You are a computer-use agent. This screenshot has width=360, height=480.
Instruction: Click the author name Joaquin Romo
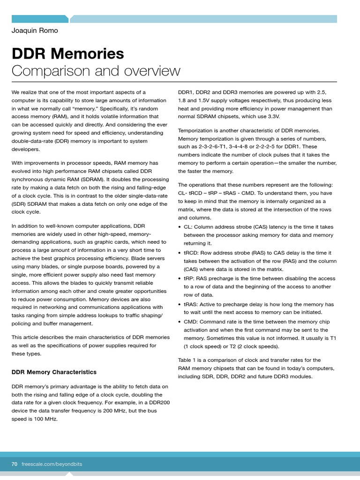pos(35,31)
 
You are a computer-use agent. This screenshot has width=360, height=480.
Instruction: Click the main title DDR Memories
pos(68,53)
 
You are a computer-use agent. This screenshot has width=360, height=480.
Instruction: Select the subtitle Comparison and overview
pos(96,71)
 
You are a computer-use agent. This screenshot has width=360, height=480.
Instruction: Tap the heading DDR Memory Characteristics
pos(54,372)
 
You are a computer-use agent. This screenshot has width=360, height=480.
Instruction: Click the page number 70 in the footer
pos(15,464)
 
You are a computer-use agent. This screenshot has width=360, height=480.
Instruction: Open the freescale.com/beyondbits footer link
pos(52,464)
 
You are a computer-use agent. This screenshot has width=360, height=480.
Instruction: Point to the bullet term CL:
pos(188,227)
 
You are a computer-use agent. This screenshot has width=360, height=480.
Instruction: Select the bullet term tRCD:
pos(192,253)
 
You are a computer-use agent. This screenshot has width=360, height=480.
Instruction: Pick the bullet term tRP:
pos(190,278)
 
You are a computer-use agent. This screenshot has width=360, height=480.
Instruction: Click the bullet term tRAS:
pos(192,304)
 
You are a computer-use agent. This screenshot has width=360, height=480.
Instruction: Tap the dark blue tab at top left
pos(40,19)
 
